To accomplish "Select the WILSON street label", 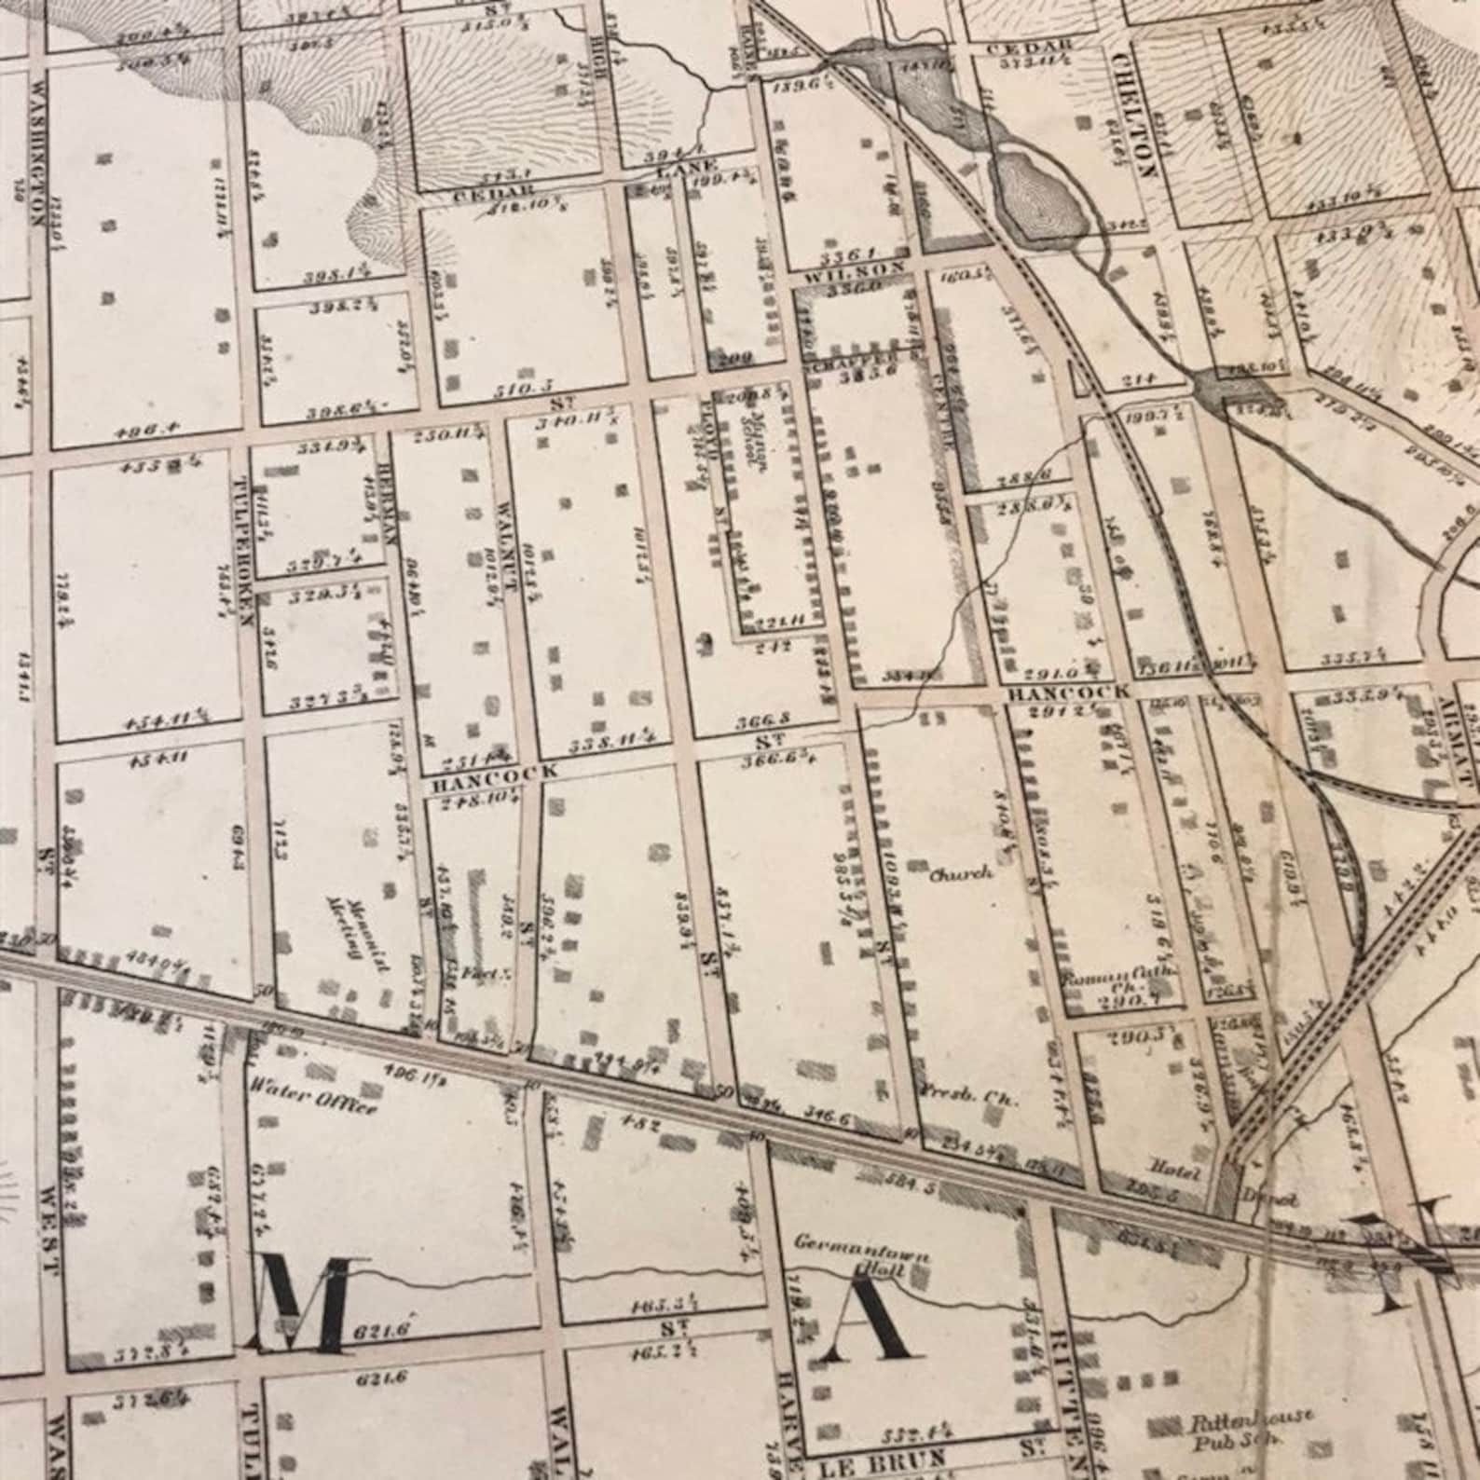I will pyautogui.click(x=851, y=267).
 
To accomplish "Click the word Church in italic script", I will pyautogui.click(x=960, y=874).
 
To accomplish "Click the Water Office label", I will pyautogui.click(x=313, y=1101).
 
